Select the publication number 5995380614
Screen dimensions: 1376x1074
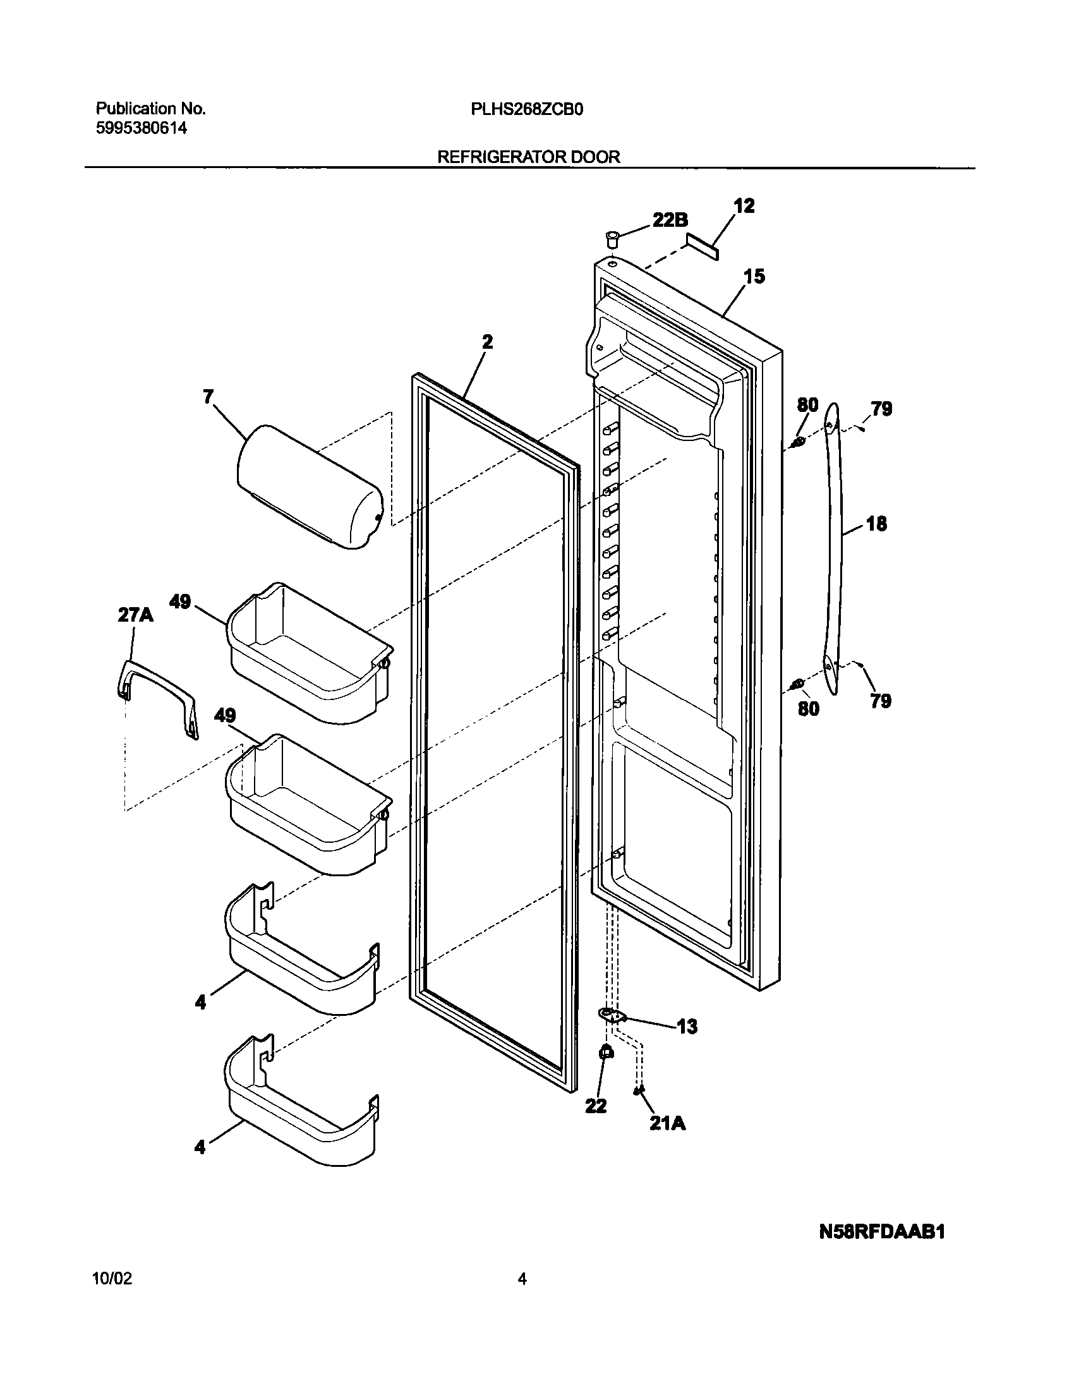[x=142, y=129]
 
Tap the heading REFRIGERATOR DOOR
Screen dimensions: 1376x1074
[x=529, y=157]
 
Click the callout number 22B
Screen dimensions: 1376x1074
[x=670, y=220]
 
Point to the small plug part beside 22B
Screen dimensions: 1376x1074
[x=612, y=239]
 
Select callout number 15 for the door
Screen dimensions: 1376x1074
[x=754, y=276]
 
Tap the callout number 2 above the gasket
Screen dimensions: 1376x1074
[x=487, y=342]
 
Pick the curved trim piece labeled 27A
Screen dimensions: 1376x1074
[x=157, y=695]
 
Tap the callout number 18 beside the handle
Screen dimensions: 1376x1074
[x=876, y=523]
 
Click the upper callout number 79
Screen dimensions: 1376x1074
[x=881, y=409]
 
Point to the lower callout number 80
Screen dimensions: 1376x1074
[x=808, y=708]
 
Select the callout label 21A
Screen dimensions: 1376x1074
[x=667, y=1123]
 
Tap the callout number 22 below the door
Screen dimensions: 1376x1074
[x=595, y=1106]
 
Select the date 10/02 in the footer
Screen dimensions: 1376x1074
[x=112, y=1279]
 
